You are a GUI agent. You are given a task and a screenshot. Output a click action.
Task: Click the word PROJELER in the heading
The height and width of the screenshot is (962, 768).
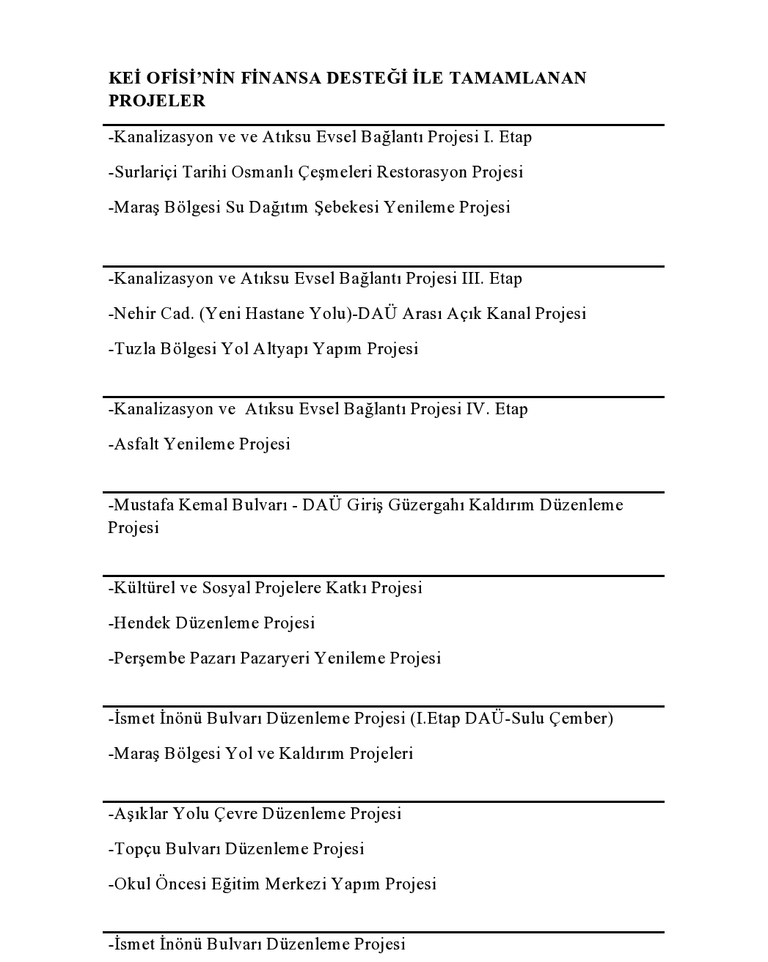pyautogui.click(x=157, y=101)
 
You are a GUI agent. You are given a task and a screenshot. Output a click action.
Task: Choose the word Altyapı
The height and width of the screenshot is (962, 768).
pyautogui.click(x=280, y=349)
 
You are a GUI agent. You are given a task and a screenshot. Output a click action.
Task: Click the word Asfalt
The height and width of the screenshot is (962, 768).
pyautogui.click(x=136, y=444)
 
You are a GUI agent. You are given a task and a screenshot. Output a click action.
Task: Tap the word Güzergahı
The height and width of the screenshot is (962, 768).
pyautogui.click(x=425, y=505)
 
